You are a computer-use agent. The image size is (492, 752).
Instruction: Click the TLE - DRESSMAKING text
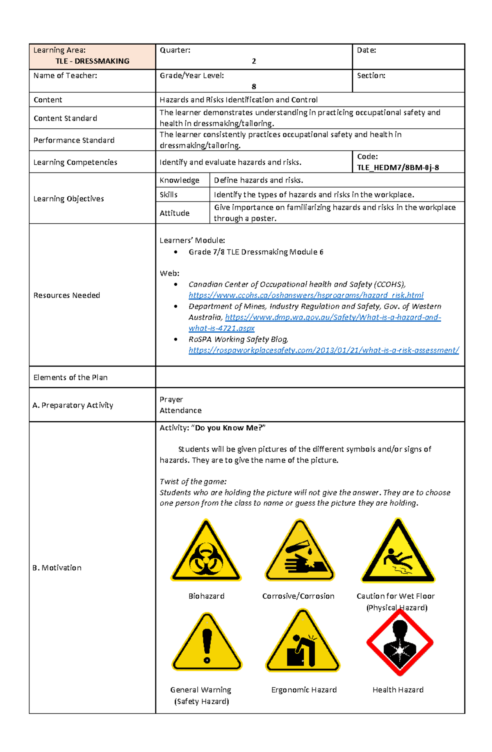92,61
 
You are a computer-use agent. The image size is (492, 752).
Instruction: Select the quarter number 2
254,61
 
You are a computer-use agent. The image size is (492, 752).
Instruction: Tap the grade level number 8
254,86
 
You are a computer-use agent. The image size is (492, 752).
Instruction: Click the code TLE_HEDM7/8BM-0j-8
398,167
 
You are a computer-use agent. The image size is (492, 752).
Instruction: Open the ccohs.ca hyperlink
306,295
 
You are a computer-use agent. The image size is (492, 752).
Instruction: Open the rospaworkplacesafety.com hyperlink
323,350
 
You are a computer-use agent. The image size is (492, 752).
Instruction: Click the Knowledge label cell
179,180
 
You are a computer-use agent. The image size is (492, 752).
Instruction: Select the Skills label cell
169,195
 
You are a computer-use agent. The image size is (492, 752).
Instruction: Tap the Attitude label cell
175,213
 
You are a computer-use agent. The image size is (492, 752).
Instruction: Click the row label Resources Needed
67,295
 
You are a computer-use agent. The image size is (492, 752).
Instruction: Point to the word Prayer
171,399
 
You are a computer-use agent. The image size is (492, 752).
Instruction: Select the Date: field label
367,50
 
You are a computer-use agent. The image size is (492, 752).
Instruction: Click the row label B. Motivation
57,568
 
